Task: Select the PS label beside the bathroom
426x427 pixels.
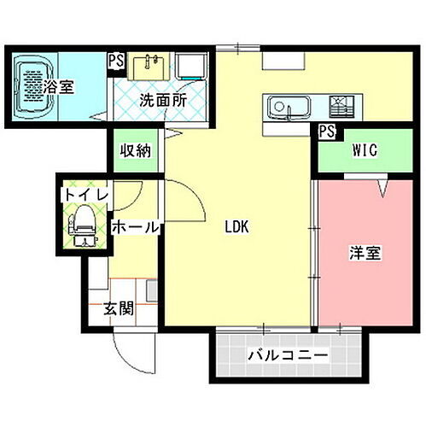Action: (x=115, y=61)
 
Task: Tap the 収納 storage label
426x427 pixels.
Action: (x=134, y=151)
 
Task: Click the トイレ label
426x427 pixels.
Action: (x=84, y=196)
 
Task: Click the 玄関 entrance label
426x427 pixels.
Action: (x=119, y=308)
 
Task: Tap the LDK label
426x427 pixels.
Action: (x=237, y=228)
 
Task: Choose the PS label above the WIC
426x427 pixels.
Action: (x=324, y=132)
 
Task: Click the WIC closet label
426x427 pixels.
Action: (x=365, y=150)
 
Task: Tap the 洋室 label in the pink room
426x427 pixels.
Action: (x=365, y=254)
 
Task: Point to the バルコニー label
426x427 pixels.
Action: (x=288, y=354)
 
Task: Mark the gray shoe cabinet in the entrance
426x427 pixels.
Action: (x=151, y=291)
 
